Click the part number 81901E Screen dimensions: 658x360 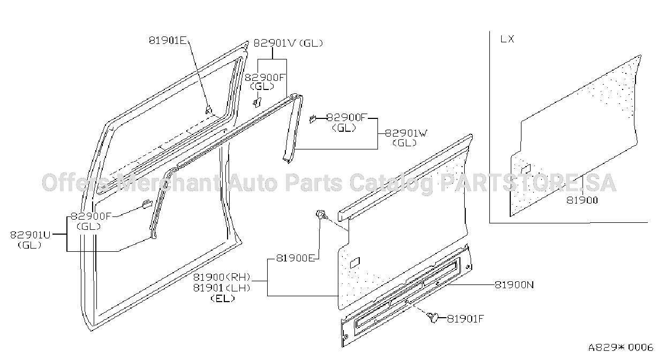pos(168,40)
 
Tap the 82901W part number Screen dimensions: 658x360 pos(406,133)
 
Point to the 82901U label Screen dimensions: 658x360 pos(31,235)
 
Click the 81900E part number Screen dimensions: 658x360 pos(296,258)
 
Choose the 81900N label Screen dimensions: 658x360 pos(515,285)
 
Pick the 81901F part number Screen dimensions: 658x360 pos(465,319)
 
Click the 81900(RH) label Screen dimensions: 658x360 pos(222,277)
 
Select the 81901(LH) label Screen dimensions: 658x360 pos(222,288)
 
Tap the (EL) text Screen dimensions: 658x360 pos(223,298)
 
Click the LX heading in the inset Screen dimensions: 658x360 pos(508,39)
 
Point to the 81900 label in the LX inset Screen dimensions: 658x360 pos(582,200)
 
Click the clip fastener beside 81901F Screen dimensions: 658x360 pos(433,317)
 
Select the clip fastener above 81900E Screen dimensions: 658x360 pos(322,214)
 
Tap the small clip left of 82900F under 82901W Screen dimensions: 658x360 pos(313,119)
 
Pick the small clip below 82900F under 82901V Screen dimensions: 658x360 pos(258,102)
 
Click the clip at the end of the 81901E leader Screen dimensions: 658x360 pos(208,110)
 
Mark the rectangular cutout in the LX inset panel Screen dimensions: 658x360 pos(526,169)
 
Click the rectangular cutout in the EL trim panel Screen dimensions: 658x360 pos(355,262)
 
